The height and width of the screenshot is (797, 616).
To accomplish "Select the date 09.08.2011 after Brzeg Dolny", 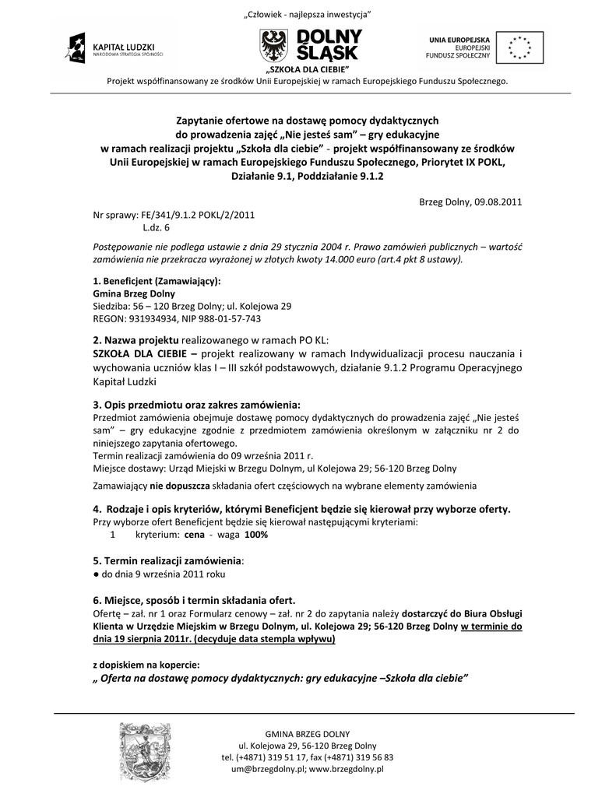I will pyautogui.click(x=494, y=201).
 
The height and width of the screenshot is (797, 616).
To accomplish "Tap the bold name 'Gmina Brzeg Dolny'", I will pyautogui.click(x=133, y=293).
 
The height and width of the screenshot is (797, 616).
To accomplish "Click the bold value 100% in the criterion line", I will pyautogui.click(x=256, y=535).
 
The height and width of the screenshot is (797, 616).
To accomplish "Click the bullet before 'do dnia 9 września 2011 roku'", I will pyautogui.click(x=96, y=573).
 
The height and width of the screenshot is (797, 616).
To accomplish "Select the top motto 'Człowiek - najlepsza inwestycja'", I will pyautogui.click(x=308, y=15).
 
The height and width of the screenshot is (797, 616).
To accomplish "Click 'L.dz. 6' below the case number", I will pyautogui.click(x=156, y=227).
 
